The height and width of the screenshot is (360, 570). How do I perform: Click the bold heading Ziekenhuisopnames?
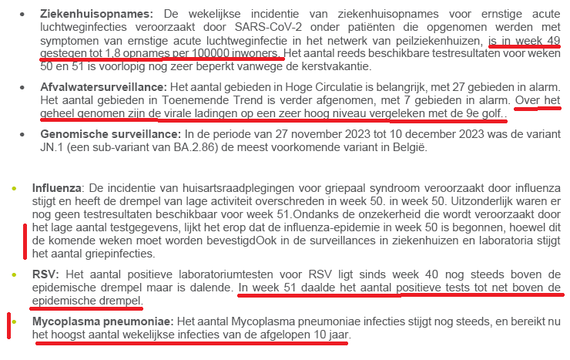(88, 14)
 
